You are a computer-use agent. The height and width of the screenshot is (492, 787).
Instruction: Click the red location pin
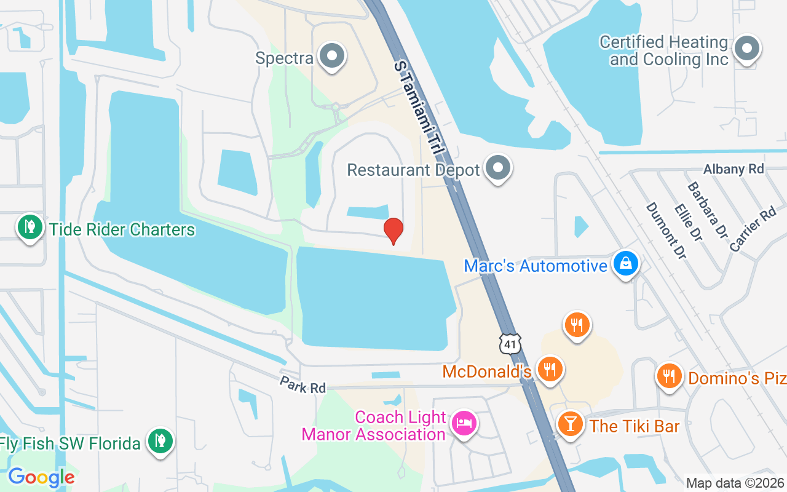pos(393,231)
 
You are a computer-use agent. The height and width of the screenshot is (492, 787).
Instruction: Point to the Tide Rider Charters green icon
pos(29,228)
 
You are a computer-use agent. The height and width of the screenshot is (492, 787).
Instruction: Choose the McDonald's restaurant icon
pos(550,369)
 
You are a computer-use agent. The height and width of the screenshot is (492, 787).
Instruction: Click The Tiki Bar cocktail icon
pos(571,424)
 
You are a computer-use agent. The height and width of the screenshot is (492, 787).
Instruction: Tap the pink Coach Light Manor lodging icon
pos(464,423)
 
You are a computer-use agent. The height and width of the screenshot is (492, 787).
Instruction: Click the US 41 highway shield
pos(510,343)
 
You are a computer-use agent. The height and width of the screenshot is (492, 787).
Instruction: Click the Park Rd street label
pos(303,386)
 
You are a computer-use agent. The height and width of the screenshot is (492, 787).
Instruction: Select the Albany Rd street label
pos(734,169)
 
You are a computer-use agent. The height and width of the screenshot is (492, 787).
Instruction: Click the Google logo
pos(41,477)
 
